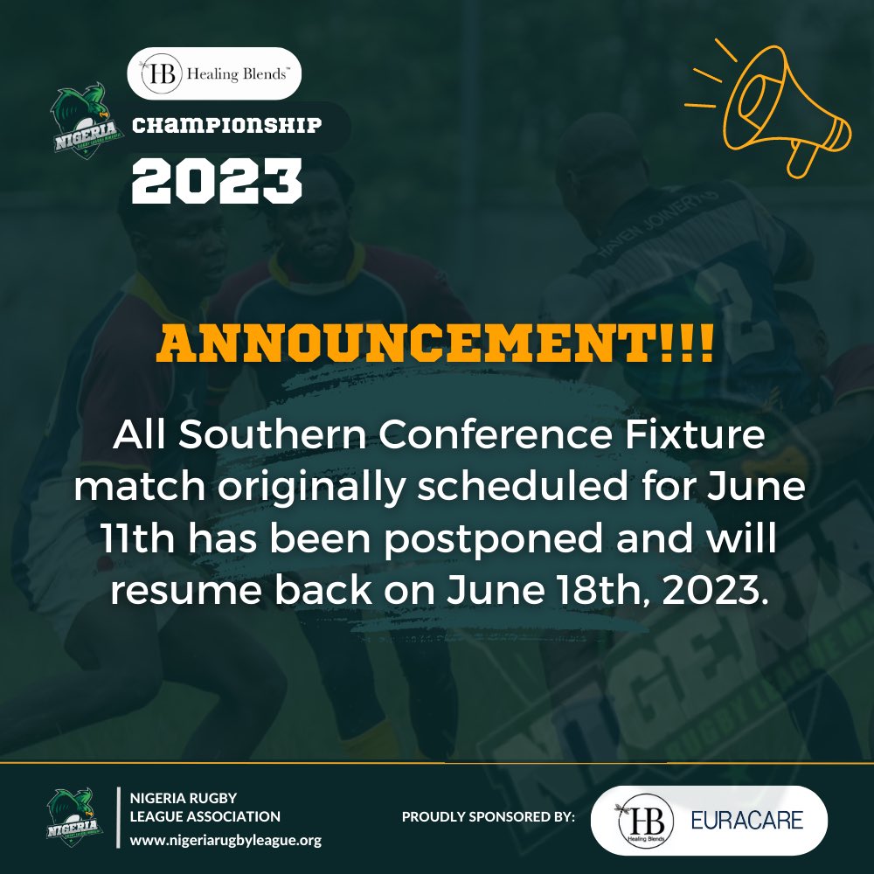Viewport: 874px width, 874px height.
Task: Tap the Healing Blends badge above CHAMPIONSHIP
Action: pos(214,73)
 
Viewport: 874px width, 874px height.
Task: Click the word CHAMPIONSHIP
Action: pos(226,127)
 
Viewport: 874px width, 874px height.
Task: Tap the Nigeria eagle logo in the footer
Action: pos(76,816)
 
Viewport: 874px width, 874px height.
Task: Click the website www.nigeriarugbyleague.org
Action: pos(225,841)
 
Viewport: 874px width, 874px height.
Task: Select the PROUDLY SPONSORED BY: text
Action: pos(489,817)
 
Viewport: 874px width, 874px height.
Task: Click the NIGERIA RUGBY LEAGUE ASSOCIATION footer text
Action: pos(205,808)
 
